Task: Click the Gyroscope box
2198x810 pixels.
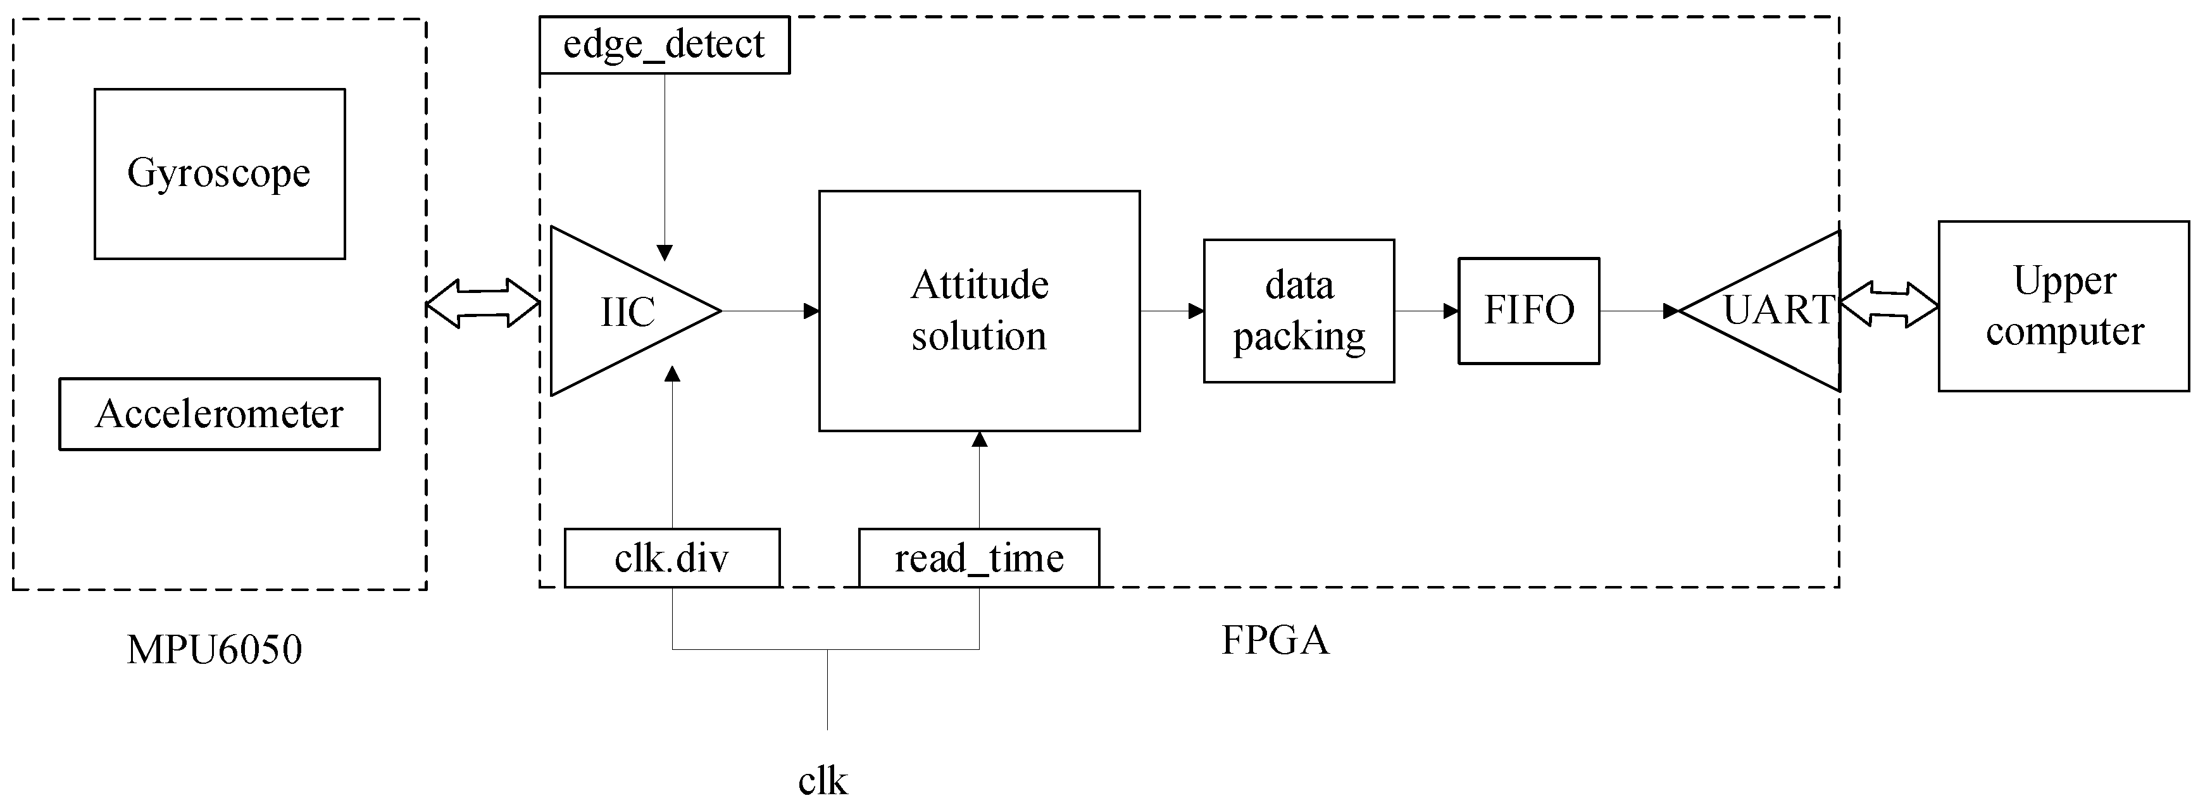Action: (x=219, y=173)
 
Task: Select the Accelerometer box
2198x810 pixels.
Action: (x=219, y=414)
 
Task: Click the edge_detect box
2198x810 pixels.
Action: (x=664, y=44)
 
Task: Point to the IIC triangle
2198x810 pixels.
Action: (x=627, y=311)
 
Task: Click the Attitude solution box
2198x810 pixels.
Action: (x=978, y=311)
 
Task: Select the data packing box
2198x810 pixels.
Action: (x=1299, y=311)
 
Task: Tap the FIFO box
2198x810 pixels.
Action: (x=1528, y=311)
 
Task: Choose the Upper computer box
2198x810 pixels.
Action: (x=2063, y=306)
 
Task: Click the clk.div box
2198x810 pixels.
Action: (x=671, y=558)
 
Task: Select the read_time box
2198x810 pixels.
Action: (x=978, y=558)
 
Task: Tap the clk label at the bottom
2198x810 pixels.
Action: (x=823, y=781)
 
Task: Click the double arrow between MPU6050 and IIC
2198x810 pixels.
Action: (x=483, y=303)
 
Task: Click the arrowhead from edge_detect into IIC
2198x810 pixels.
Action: (x=665, y=252)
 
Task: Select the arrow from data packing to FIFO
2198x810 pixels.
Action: (x=1427, y=311)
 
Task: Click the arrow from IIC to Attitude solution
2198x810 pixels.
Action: (x=770, y=311)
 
